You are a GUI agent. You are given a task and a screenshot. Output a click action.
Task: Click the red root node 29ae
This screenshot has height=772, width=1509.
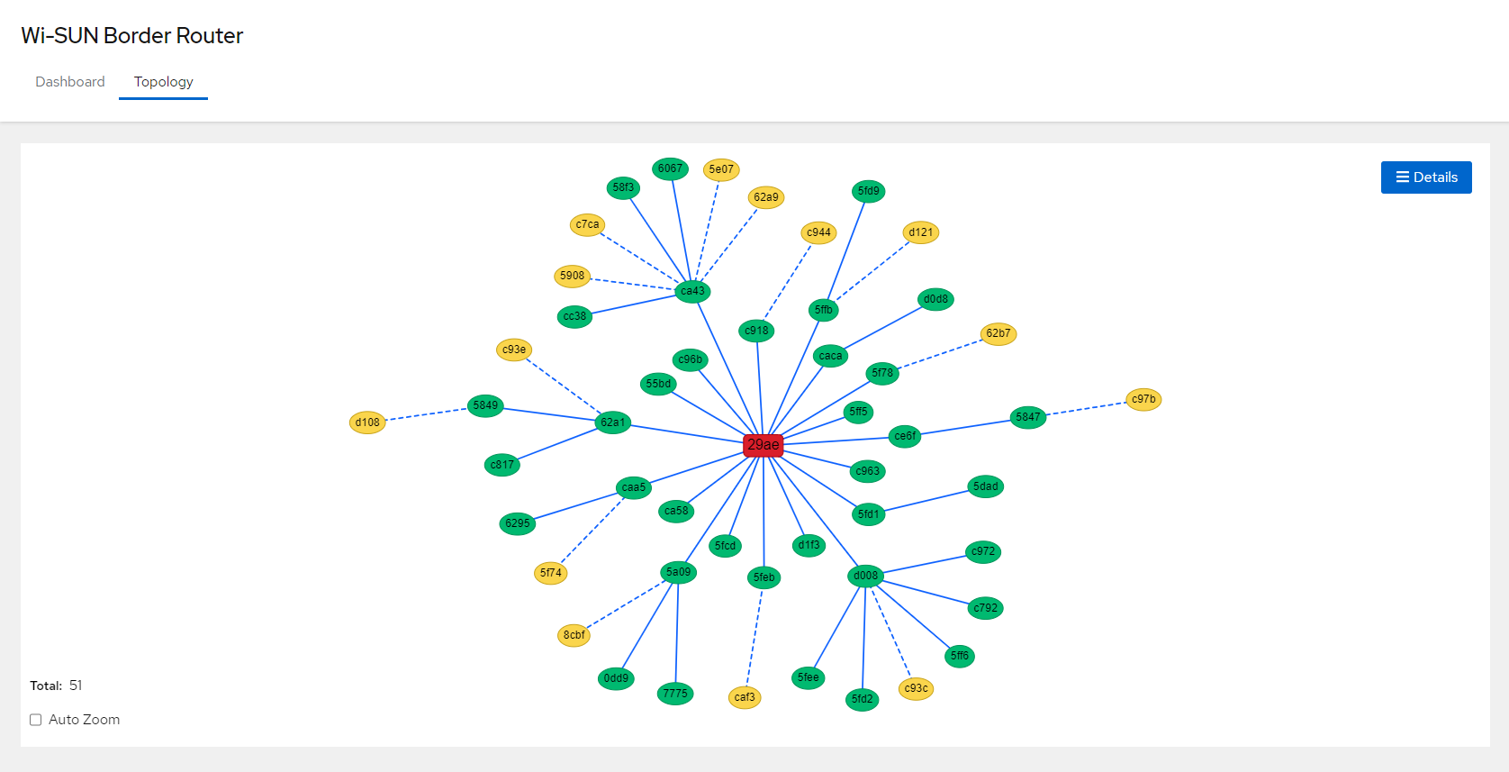point(763,445)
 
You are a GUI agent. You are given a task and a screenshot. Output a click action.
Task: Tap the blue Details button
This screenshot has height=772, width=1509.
point(1426,177)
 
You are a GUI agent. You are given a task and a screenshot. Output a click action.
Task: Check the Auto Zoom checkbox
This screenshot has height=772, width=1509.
point(36,720)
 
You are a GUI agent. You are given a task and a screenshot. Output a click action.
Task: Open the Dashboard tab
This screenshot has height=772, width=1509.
point(70,82)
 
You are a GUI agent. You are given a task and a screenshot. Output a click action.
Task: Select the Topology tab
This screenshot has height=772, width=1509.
point(163,82)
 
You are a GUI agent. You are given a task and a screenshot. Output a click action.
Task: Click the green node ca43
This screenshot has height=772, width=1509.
point(692,291)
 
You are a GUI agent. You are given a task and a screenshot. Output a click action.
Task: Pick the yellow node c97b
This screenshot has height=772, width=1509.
point(1143,399)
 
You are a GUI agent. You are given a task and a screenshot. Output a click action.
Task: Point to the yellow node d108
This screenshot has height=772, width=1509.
point(367,422)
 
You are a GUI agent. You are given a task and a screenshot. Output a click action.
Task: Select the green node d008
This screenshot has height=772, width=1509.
point(865,576)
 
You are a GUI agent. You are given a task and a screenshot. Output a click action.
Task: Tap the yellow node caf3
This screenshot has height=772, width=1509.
point(745,697)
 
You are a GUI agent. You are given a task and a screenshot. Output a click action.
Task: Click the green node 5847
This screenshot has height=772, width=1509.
point(1027,417)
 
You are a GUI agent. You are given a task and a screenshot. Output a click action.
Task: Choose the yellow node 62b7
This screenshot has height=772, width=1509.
point(998,333)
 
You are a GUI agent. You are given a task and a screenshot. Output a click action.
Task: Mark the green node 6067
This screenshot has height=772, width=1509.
point(670,168)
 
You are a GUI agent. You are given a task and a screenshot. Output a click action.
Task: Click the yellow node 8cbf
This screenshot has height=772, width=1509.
point(574,635)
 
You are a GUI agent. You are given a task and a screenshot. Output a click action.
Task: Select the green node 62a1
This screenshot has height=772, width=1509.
point(613,422)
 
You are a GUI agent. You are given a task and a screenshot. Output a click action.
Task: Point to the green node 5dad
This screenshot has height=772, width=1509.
point(986,486)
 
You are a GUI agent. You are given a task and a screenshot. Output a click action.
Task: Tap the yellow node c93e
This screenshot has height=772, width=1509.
point(514,350)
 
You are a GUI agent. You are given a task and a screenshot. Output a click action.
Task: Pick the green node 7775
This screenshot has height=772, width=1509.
point(675,694)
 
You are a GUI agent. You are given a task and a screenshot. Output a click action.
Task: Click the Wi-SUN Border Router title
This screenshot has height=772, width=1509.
point(132,36)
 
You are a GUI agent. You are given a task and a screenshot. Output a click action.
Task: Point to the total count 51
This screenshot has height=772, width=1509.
point(76,686)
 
